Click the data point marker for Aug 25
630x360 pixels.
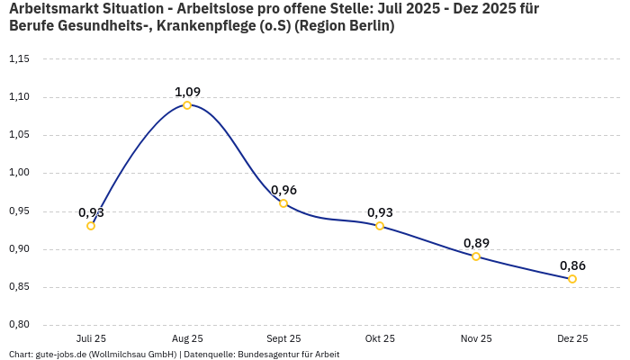(187, 105)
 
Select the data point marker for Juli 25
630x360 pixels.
(91, 226)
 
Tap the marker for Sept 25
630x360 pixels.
(283, 203)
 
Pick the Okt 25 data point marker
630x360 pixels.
(380, 226)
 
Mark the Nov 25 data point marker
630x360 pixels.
(476, 256)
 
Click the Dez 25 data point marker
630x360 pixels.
(572, 279)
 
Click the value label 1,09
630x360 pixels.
(187, 92)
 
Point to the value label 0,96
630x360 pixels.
(283, 190)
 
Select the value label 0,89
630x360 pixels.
(476, 243)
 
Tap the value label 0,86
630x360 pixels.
(572, 265)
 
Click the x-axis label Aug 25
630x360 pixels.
(187, 338)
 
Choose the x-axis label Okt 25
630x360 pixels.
(380, 338)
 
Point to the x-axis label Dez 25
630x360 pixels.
(572, 338)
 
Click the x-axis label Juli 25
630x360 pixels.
(91, 338)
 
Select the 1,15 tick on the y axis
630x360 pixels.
(19, 59)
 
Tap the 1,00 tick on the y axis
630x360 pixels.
(19, 173)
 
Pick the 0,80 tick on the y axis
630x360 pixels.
(19, 325)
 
